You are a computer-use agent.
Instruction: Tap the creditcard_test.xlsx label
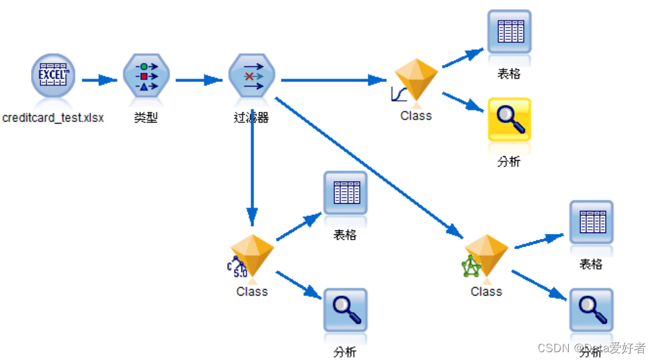pyautogui.click(x=53, y=118)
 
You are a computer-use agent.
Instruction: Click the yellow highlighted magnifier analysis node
pyautogui.click(x=509, y=120)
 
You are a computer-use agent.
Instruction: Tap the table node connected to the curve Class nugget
pyautogui.click(x=509, y=31)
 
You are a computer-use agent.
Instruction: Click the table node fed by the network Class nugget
pyautogui.click(x=590, y=222)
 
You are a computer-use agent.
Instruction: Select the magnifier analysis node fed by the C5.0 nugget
pyautogui.click(x=345, y=310)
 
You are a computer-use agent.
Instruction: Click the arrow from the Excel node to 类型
pyautogui.click(x=99, y=80)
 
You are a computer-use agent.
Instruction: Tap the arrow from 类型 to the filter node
pyautogui.click(x=199, y=80)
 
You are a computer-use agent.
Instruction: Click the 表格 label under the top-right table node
pyautogui.click(x=509, y=74)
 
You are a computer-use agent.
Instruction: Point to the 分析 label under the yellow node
pyautogui.click(x=509, y=162)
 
